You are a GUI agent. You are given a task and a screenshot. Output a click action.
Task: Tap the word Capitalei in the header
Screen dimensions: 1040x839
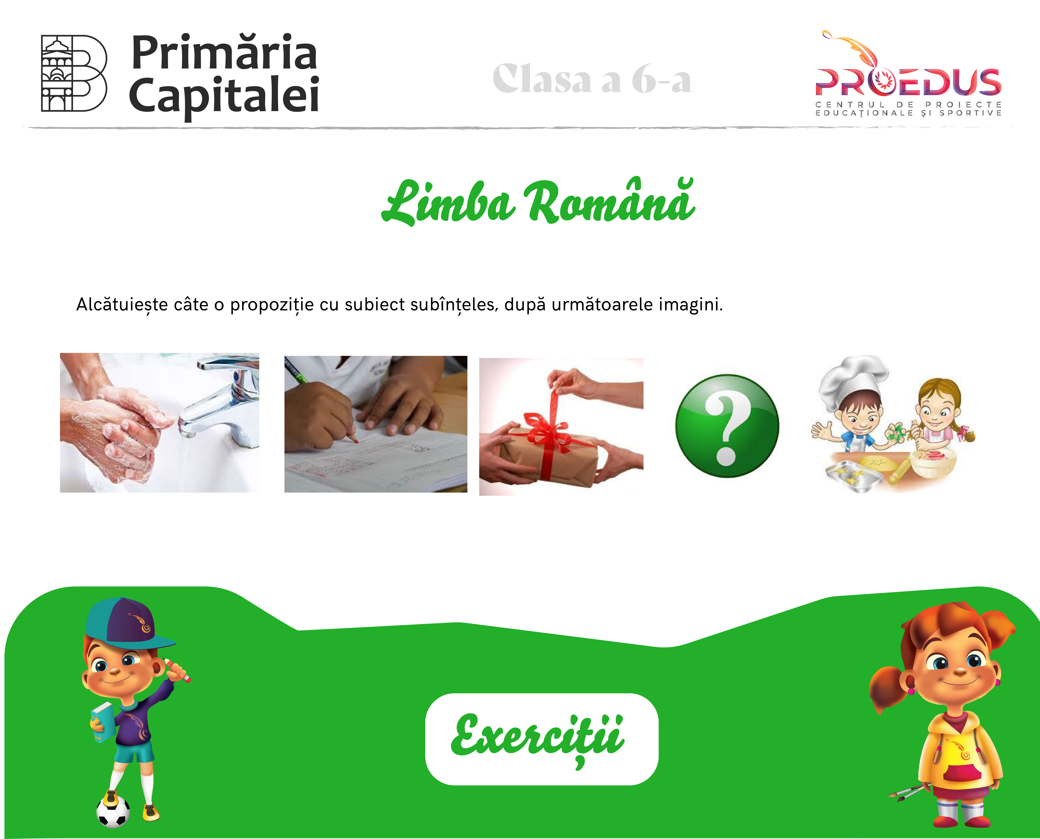[x=224, y=95]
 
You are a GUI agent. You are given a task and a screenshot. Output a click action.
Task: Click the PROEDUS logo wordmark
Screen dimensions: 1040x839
[x=908, y=81]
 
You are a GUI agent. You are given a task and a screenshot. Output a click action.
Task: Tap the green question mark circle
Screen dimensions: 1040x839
[x=727, y=426]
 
